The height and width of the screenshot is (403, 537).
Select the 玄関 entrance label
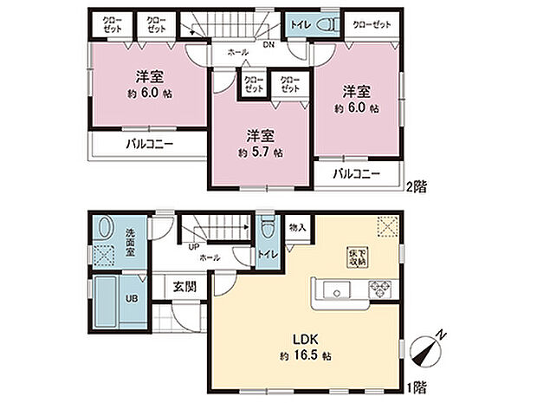(x=184, y=288)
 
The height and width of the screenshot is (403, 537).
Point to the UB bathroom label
(x=133, y=299)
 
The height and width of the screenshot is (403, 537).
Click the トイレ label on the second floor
(x=297, y=23)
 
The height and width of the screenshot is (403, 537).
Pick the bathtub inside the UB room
(x=108, y=300)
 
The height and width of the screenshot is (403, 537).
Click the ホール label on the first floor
(x=210, y=257)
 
